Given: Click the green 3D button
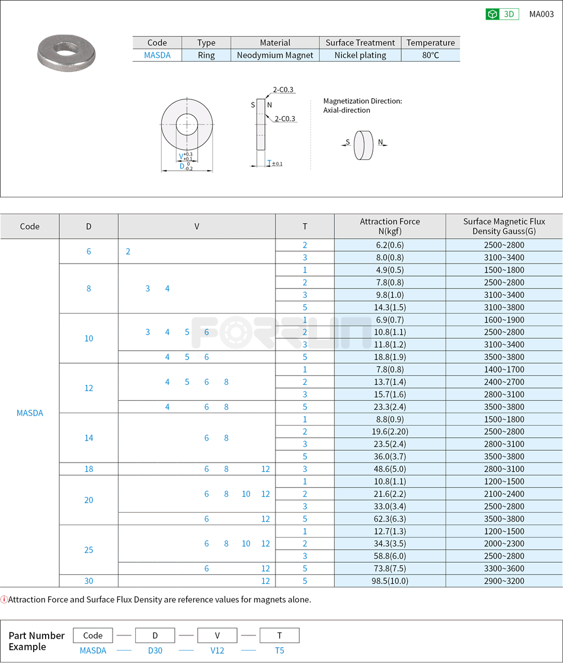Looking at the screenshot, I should point(502,14).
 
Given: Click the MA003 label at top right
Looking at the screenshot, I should point(541,14).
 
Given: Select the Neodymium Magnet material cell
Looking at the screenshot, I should point(275,55).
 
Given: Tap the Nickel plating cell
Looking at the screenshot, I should point(360,55).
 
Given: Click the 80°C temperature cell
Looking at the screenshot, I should point(430,55).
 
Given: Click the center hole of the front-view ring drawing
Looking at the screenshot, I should point(187,124).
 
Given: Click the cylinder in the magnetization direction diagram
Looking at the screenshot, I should point(363,146).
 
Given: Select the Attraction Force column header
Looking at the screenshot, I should point(389,226).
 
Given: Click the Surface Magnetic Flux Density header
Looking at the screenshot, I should point(504,226).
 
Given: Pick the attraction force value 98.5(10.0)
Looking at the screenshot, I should point(389,581).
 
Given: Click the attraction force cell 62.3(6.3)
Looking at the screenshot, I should point(389,519).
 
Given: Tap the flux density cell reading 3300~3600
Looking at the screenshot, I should point(504,568).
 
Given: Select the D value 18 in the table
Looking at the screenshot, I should point(89,469).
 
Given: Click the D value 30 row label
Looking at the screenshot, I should point(89,581).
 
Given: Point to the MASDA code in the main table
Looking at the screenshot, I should point(30,413).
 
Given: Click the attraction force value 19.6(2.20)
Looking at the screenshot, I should point(389,432).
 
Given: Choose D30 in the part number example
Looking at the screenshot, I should point(155,650).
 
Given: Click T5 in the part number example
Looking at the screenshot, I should point(279,650).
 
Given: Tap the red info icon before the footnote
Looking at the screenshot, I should point(4,599).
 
